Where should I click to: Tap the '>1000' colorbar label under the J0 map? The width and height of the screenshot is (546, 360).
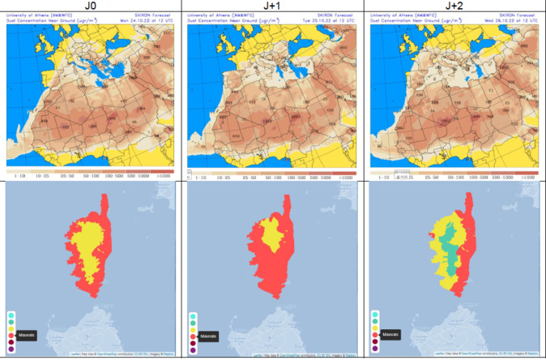166,176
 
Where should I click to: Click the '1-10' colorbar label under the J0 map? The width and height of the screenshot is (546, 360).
15,176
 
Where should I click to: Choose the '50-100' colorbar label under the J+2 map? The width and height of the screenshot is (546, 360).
459,176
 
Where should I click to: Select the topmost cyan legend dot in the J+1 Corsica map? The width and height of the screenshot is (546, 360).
192,313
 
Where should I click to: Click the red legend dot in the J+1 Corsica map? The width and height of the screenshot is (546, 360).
192,334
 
